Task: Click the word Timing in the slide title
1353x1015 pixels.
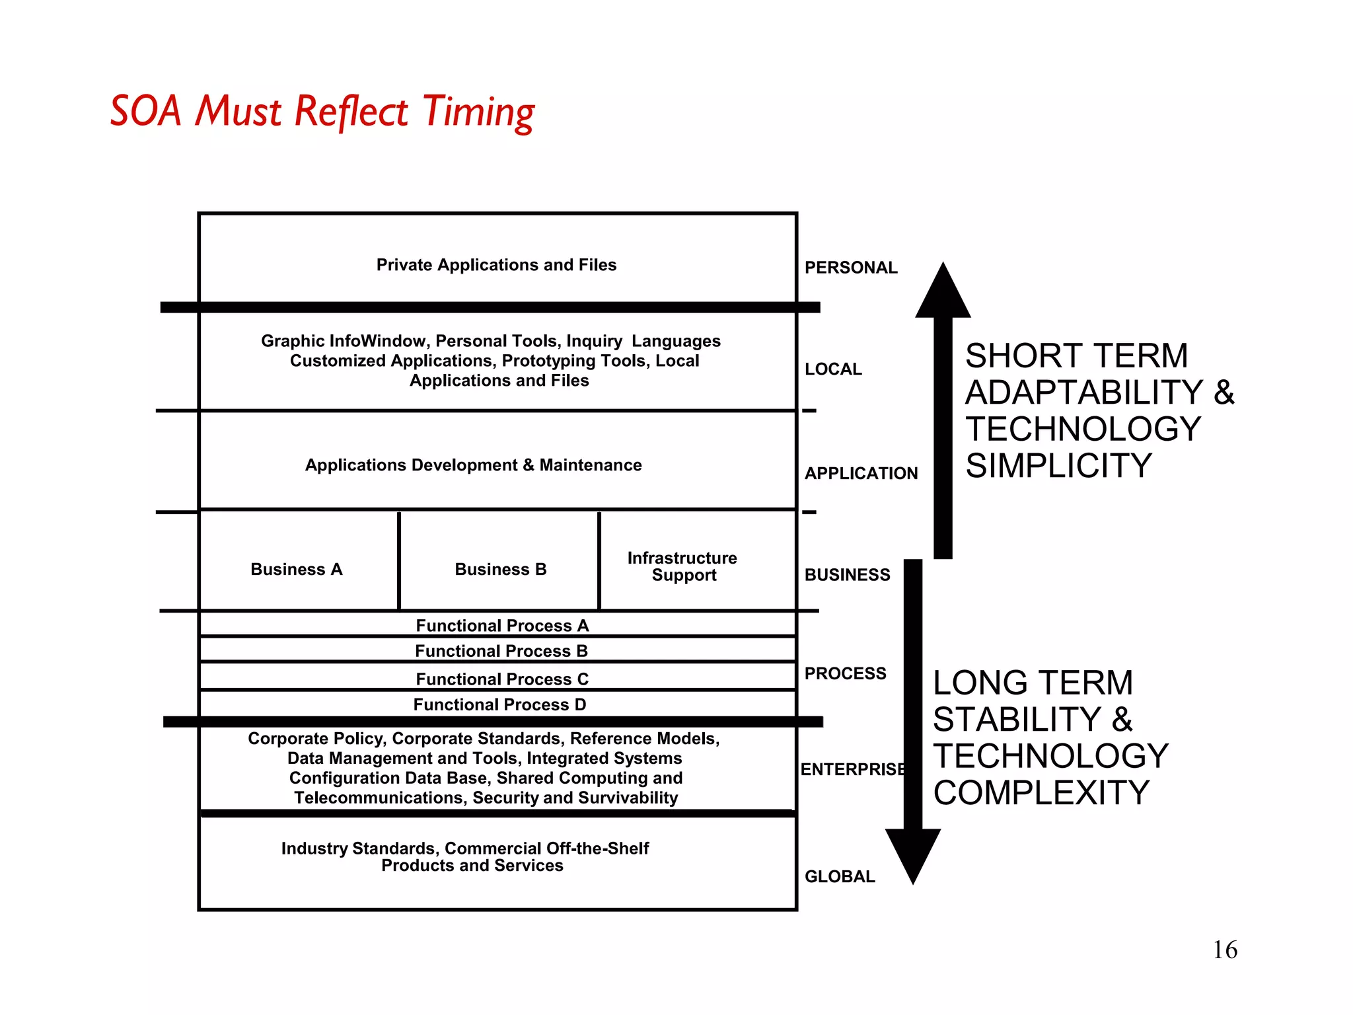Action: [x=478, y=112]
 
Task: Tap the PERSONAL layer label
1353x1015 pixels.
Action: [x=850, y=268]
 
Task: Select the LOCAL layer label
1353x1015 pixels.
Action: [x=832, y=369]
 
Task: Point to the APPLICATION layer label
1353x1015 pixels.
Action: [x=860, y=473]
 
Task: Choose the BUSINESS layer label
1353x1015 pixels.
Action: [x=847, y=575]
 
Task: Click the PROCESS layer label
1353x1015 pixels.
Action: [x=845, y=673]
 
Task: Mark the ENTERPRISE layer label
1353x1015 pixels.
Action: [x=852, y=769]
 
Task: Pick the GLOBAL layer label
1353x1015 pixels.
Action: [x=839, y=876]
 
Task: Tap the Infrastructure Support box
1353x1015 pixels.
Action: [x=683, y=566]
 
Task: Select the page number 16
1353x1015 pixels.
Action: [x=1224, y=950]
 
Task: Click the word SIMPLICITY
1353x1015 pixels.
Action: [x=1058, y=466]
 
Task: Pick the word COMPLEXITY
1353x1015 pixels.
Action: [x=1041, y=792]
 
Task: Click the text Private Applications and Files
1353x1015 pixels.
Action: [x=496, y=265]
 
